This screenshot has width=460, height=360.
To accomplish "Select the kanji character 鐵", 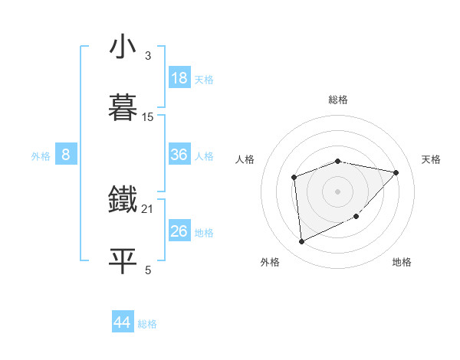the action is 123,200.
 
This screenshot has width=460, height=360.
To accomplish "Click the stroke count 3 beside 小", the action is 148,56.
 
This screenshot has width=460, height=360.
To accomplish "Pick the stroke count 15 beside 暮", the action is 148,117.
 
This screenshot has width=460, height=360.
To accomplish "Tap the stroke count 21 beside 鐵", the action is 148,208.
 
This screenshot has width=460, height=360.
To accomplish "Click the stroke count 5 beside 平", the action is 148,270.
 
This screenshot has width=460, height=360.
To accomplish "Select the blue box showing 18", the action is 179,78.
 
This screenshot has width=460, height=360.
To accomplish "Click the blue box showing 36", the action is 179,155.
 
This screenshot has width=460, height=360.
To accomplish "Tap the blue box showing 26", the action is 179,231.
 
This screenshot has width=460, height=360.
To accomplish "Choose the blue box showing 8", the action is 65,155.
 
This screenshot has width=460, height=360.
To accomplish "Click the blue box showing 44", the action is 122,322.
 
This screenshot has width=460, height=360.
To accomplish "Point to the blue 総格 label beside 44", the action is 147,324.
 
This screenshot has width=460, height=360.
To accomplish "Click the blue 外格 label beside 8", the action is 41,156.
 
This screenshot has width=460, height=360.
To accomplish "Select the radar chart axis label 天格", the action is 432,159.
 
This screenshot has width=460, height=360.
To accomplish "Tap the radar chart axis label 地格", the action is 402,262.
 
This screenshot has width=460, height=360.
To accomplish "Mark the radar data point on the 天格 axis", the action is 396,172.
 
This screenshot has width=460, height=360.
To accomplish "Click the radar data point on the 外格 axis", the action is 302,242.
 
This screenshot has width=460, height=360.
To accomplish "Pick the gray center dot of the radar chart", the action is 338,191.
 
